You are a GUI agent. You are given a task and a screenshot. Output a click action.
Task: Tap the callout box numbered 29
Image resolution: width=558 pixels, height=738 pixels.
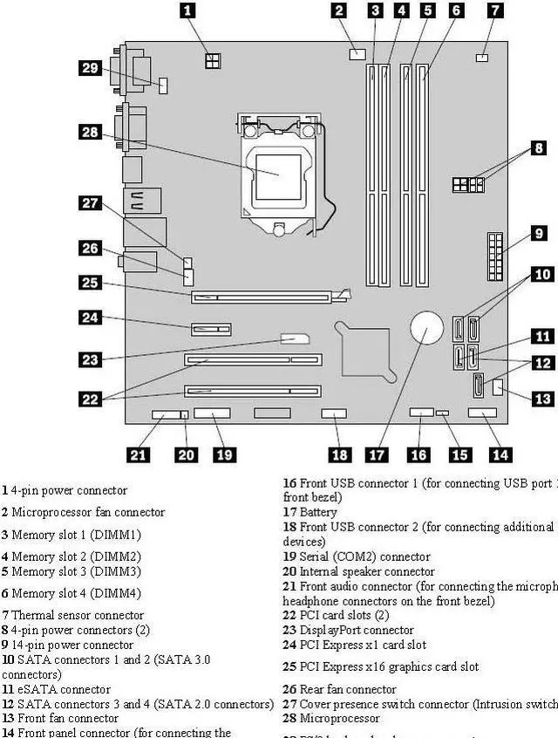pos(91,68)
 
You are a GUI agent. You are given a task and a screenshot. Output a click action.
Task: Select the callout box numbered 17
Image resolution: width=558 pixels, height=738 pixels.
pos(376,454)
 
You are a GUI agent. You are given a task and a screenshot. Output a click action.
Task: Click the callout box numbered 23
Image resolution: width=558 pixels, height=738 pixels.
pos(91,358)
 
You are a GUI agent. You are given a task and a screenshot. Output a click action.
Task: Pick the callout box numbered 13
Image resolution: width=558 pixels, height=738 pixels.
pos(542,399)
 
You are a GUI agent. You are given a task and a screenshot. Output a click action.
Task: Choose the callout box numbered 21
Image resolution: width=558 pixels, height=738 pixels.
pos(138,454)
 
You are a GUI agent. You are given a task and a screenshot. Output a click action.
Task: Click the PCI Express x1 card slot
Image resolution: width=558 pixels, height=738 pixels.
pos(210,330)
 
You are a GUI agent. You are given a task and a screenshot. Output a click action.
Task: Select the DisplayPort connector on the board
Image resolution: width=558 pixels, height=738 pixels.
pos(295,339)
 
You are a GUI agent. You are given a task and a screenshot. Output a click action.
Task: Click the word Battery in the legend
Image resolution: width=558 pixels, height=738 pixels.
pos(317,512)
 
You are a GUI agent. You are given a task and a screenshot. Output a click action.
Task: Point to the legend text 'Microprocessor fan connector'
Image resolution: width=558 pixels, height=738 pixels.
pos(88,512)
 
